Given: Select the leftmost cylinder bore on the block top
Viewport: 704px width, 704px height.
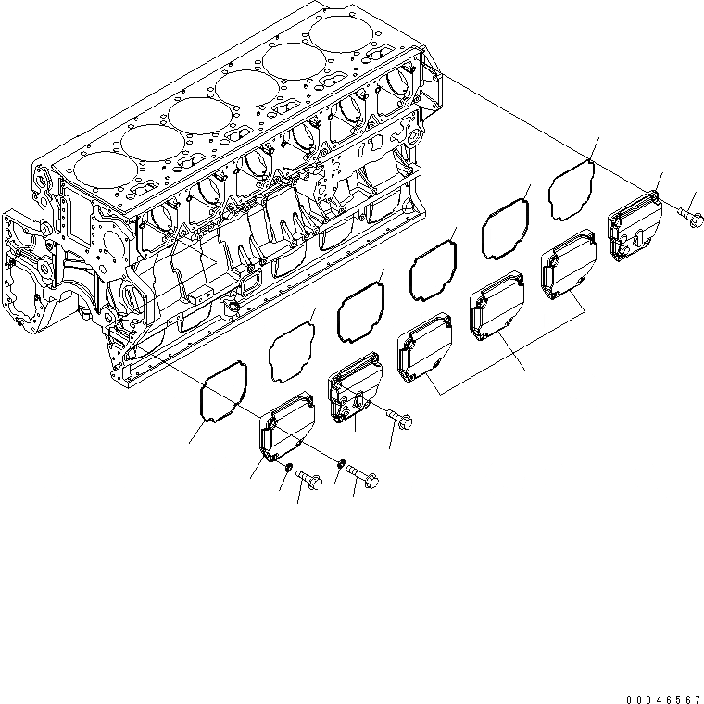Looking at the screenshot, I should tap(93, 170).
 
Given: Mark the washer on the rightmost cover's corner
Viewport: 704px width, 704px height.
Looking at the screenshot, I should tap(654, 196).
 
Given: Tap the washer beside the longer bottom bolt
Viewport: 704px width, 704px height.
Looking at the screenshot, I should tap(342, 460).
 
